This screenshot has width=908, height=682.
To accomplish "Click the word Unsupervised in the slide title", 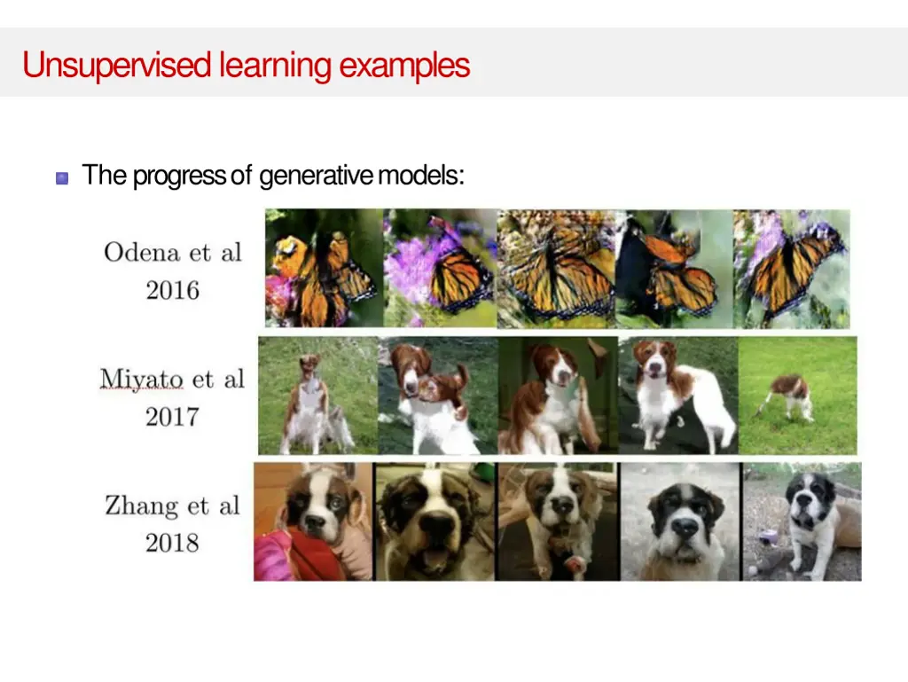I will click(117, 66).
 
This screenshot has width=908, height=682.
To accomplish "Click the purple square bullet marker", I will click(62, 177).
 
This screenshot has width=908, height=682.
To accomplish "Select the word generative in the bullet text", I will click(316, 176).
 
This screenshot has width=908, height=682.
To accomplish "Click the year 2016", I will click(173, 290).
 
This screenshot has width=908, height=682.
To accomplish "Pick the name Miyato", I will click(142, 379).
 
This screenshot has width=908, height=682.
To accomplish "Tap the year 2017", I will click(173, 416).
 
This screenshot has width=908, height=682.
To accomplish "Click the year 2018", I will click(173, 543).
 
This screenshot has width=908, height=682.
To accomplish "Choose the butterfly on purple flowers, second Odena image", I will click(440, 268).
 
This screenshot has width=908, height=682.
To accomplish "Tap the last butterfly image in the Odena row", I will click(792, 268).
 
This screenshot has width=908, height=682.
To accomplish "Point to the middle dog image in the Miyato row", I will click(557, 396).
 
